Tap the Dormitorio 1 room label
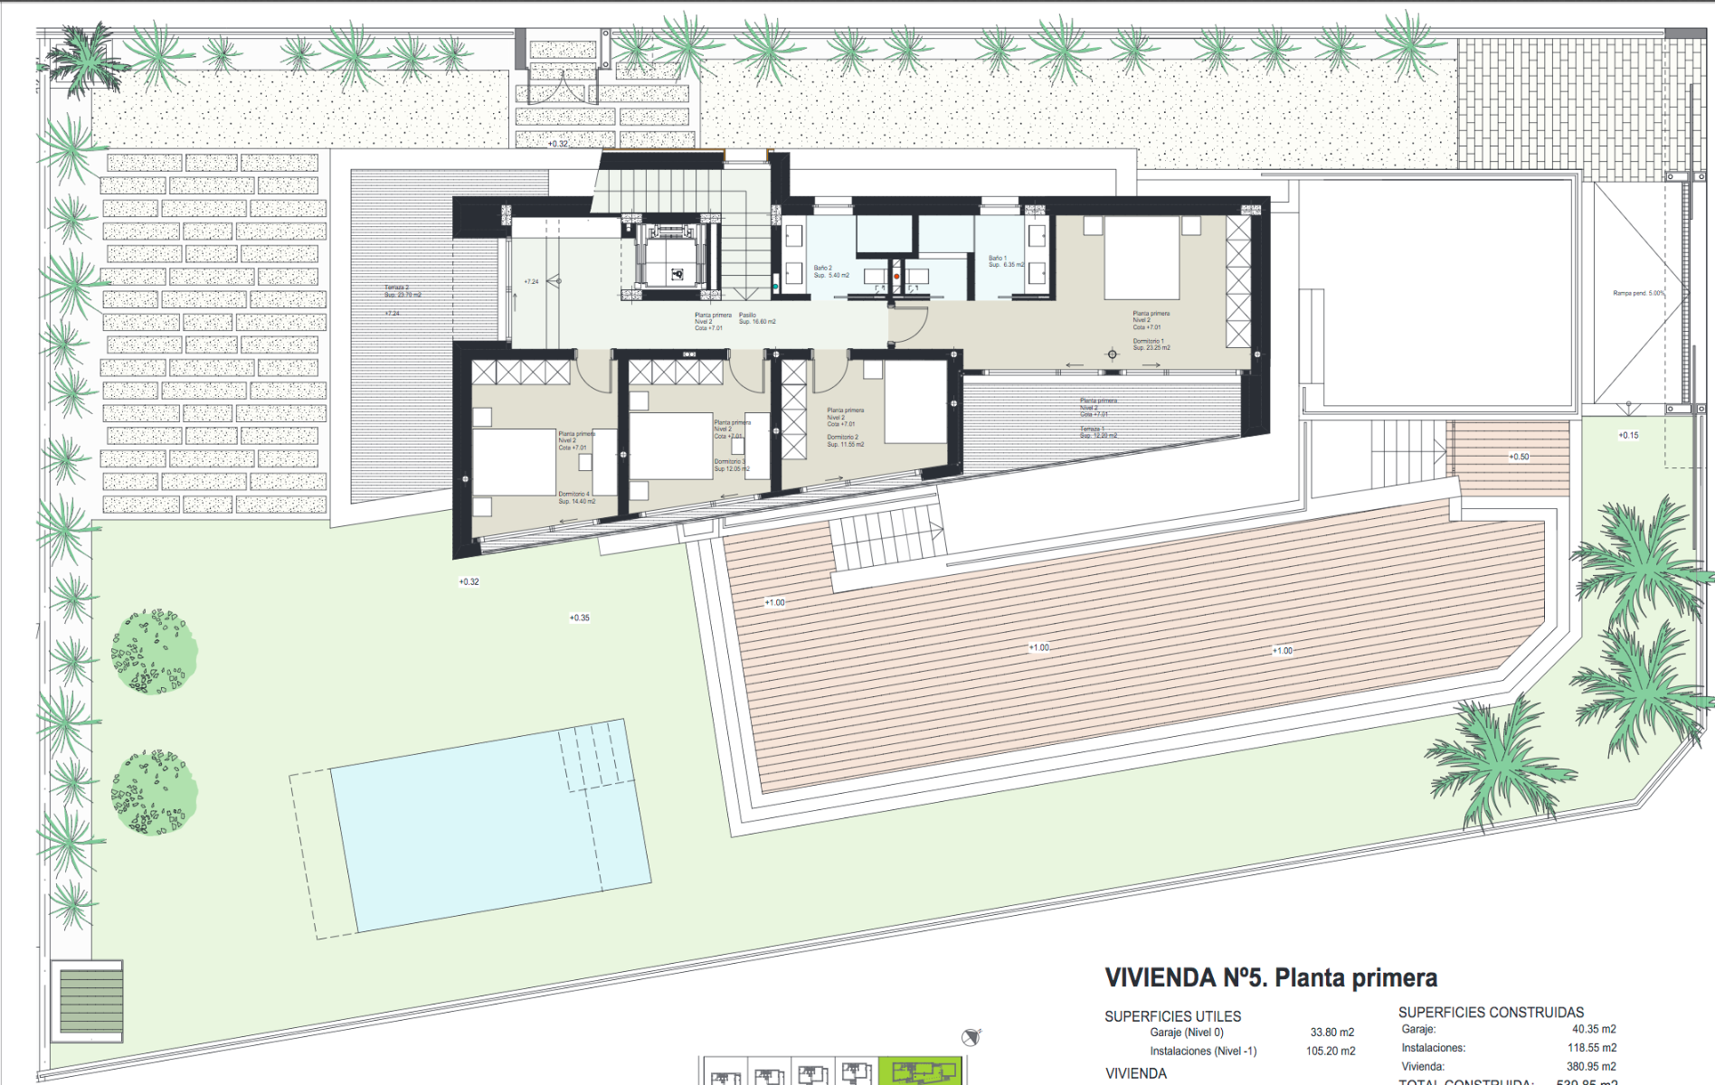point(1151,344)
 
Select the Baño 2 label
point(829,271)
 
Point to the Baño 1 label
point(1005,261)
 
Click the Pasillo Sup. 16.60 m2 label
point(757,318)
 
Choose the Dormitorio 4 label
point(576,497)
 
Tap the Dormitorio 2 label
point(845,440)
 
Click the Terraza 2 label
point(402,291)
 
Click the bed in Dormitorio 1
point(1142,258)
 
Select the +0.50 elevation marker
point(1519,457)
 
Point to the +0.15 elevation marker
point(1628,435)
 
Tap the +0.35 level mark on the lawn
point(579,618)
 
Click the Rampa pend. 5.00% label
point(1637,293)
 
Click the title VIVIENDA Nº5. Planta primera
point(1270,977)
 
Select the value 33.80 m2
point(1331,1032)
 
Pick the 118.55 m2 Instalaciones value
point(1591,1048)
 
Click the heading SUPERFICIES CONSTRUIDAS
point(1491,1013)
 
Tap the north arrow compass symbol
point(971,1037)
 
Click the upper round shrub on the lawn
point(154,651)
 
